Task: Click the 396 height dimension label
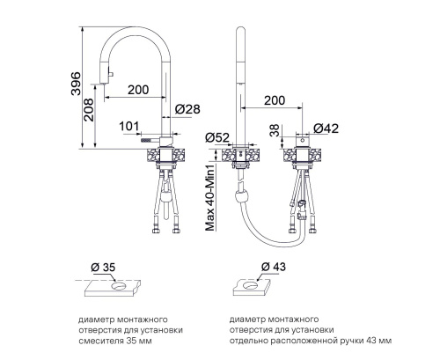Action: (x=76, y=83)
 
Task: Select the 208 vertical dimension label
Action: (x=89, y=110)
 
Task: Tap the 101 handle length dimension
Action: (x=128, y=127)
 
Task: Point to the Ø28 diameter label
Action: (x=187, y=109)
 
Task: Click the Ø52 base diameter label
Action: (x=217, y=137)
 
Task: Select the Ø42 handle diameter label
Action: (x=326, y=129)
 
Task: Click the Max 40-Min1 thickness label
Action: (x=210, y=197)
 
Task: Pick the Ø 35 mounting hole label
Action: (x=103, y=268)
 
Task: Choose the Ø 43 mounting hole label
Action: (x=273, y=267)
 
